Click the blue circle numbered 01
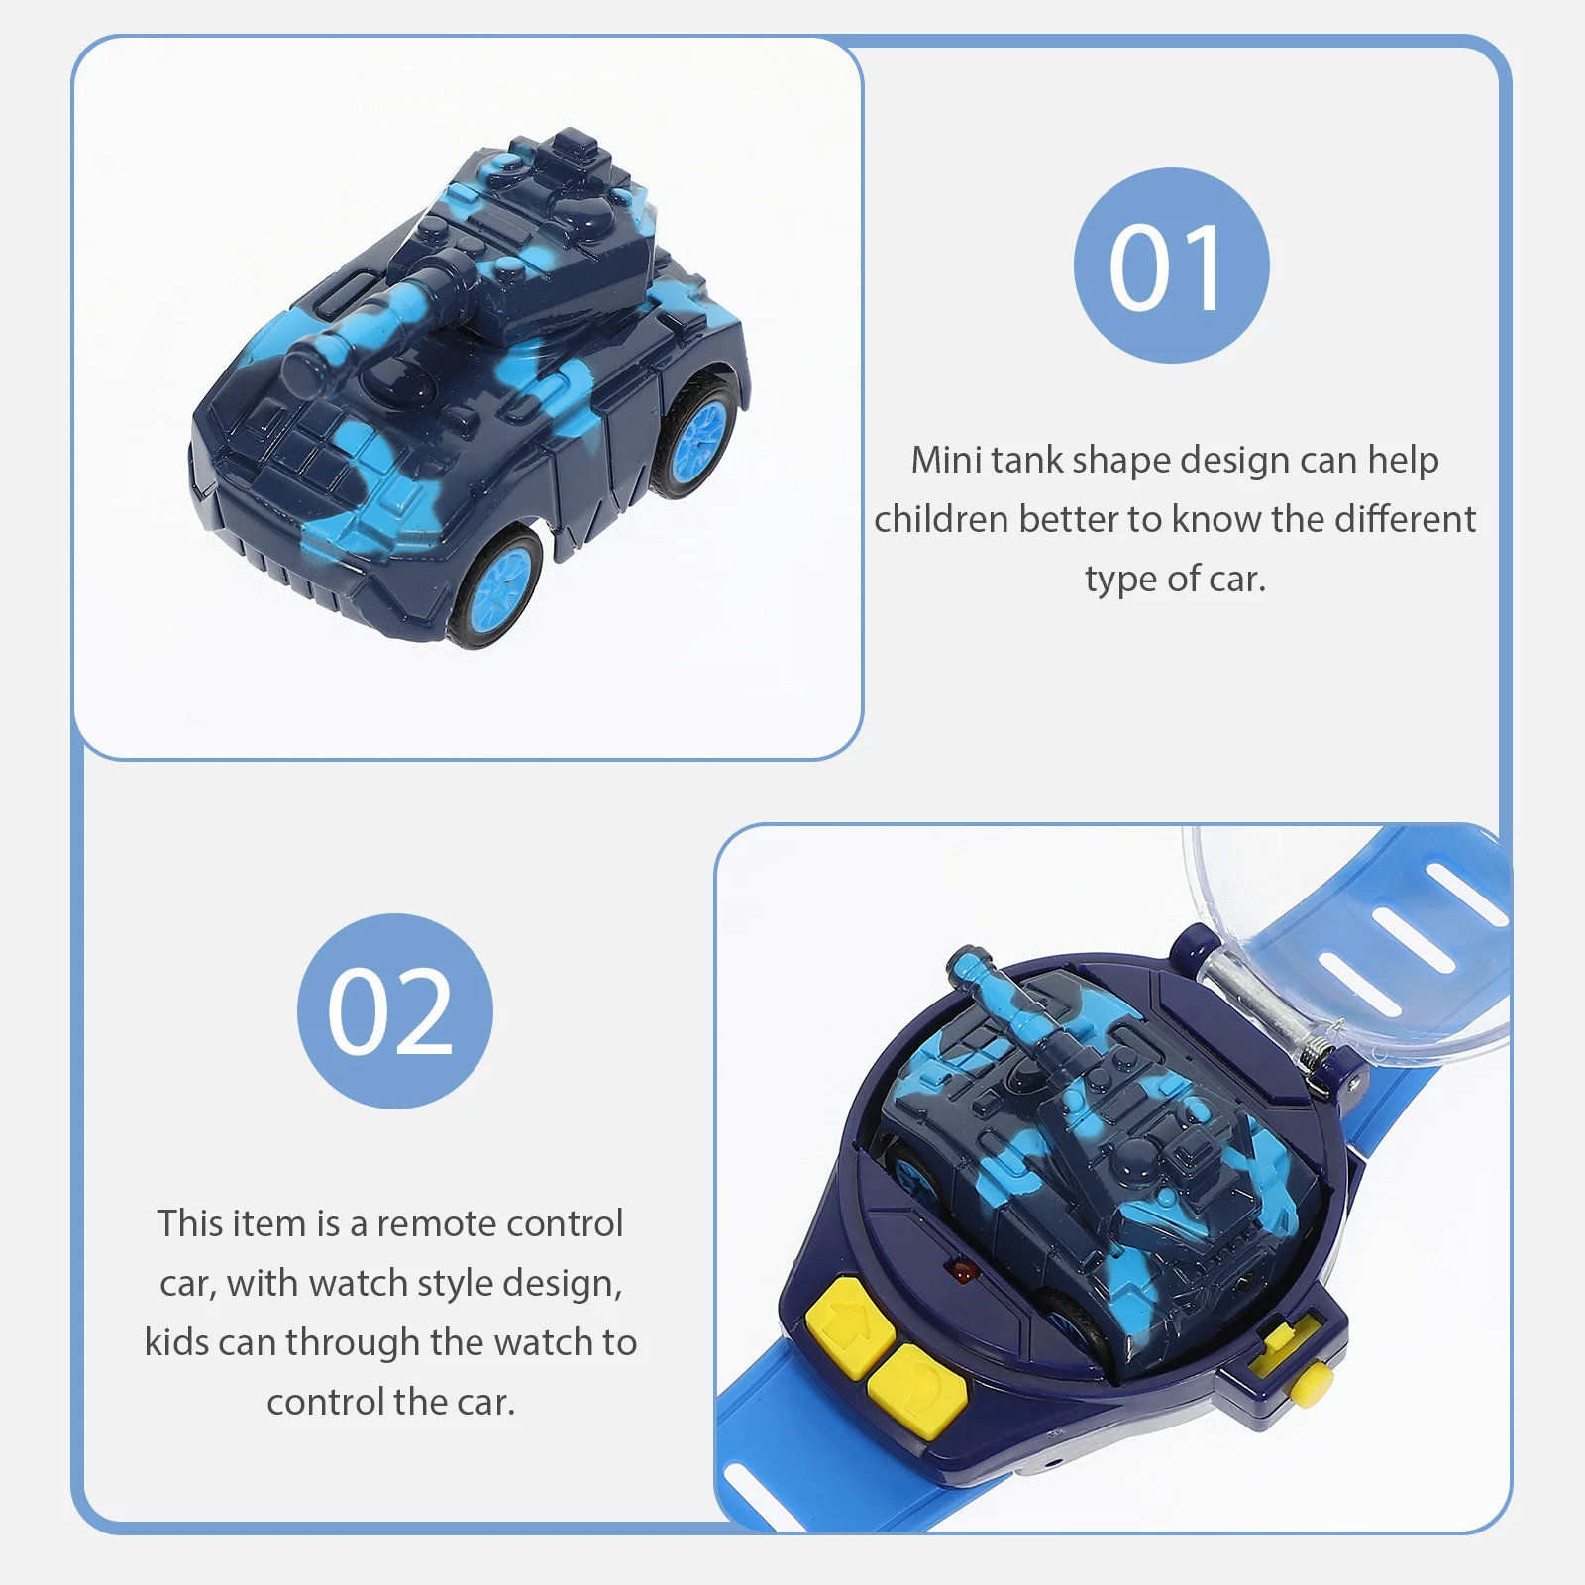[1171, 265]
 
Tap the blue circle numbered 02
[394, 1010]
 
